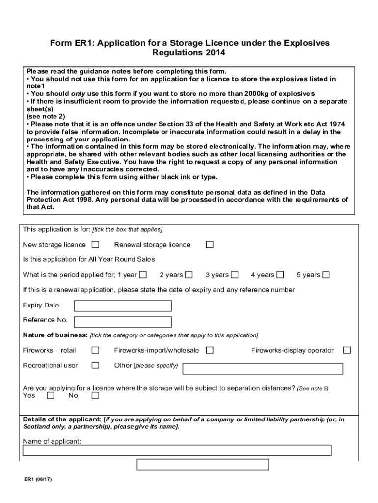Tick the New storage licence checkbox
click(95, 245)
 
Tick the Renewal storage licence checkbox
click(210, 245)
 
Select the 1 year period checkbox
click(143, 275)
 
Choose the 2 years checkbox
click(189, 275)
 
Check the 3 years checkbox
click(235, 275)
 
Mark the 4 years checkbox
click(280, 275)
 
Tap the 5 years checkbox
click(326, 275)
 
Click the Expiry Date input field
click(122, 306)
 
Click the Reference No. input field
click(122, 322)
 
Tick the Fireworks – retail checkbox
click(95, 350)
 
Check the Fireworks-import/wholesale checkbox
click(210, 350)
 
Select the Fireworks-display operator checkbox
click(347, 350)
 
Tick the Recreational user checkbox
click(95, 365)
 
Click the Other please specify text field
click(263, 369)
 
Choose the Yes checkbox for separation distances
click(50, 396)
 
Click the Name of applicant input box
click(177, 450)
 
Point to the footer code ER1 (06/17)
click(39, 480)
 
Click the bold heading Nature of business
click(55, 335)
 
